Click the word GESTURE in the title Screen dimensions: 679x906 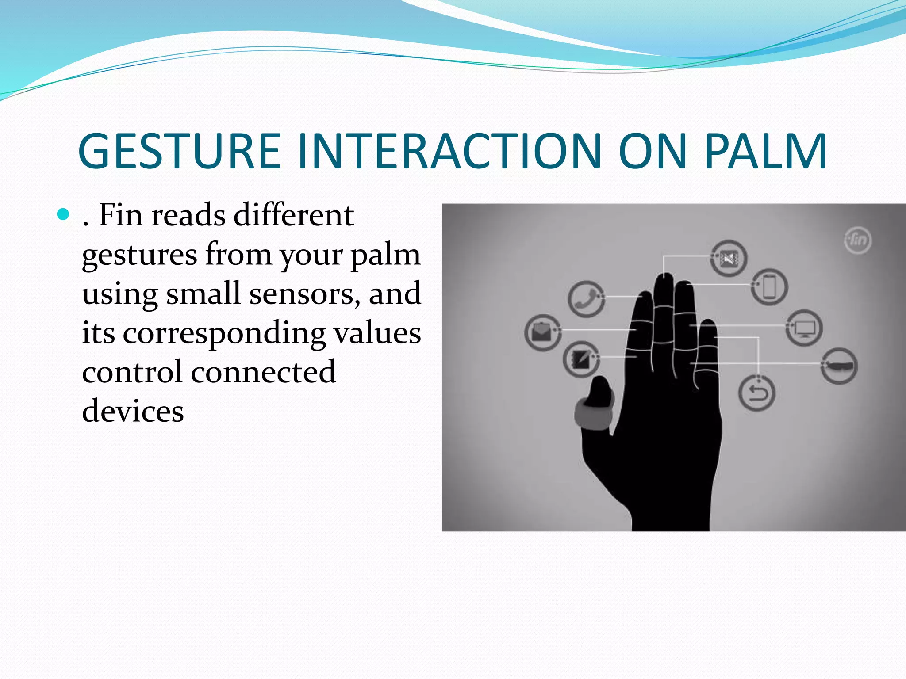coord(179,151)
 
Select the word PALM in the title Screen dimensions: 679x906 coord(766,151)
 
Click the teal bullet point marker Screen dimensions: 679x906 coord(64,215)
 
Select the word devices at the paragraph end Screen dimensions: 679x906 coord(133,411)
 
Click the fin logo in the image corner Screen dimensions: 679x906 coord(858,240)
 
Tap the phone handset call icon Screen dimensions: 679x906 coord(586,299)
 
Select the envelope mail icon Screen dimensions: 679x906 coord(542,332)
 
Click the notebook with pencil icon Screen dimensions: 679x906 coord(580,359)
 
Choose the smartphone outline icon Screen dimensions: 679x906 coord(770,286)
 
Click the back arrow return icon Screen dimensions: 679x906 coord(756,393)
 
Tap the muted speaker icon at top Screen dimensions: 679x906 coord(729,258)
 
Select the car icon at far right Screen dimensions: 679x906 coord(839,366)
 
